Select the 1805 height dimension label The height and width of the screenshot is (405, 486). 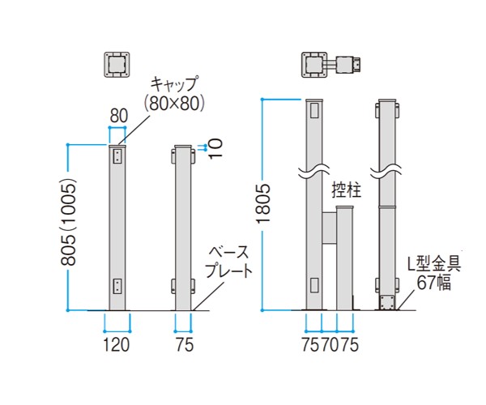263,203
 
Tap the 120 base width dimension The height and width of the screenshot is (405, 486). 116,344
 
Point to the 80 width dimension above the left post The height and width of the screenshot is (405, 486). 119,116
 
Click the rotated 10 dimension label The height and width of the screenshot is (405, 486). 215,148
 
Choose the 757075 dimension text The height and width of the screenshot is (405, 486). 330,344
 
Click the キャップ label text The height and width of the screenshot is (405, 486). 174,84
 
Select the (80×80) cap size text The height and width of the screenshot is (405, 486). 174,103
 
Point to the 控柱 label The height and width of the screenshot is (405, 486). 347,190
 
